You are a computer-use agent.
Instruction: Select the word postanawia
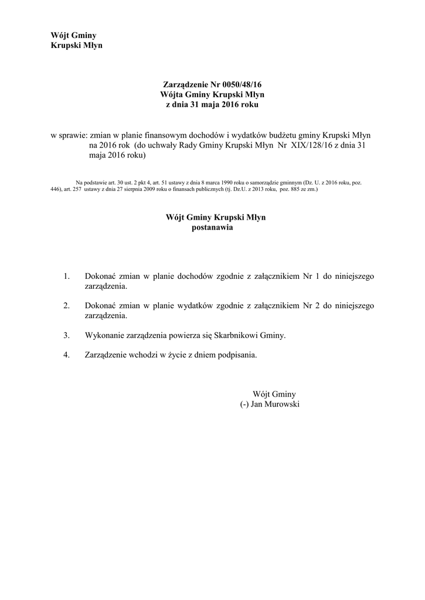pyautogui.click(x=212, y=227)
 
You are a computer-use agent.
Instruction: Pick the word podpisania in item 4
pyautogui.click(x=237, y=355)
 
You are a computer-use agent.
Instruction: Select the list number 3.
pyautogui.click(x=67, y=335)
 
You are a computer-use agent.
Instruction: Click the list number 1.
pyautogui.click(x=67, y=275)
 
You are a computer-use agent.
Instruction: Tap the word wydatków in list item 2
pyautogui.click(x=188, y=305)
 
